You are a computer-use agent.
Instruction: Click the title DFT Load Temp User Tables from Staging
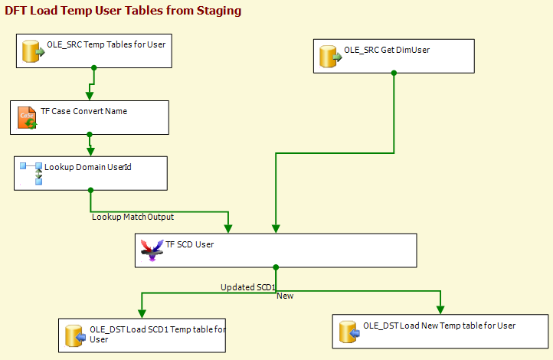coord(123,11)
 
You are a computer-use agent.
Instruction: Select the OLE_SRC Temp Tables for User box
coord(94,51)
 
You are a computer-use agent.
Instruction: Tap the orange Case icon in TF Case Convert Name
coord(27,117)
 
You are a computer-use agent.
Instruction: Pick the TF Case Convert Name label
coord(84,111)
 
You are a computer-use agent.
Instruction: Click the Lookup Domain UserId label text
coord(88,167)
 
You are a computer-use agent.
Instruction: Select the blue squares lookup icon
coord(31,173)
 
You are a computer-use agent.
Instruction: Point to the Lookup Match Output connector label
coord(133,217)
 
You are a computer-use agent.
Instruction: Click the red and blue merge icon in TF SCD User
coord(152,250)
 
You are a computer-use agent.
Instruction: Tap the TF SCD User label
coord(190,244)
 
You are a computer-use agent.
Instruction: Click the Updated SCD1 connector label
coord(248,287)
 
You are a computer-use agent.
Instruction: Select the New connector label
coord(285,296)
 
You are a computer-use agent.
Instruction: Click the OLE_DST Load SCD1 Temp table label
coord(158,334)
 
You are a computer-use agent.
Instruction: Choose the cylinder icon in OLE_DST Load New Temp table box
coord(349,332)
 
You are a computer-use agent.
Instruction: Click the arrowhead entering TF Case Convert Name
coord(90,96)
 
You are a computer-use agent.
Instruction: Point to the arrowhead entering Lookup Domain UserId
coord(90,152)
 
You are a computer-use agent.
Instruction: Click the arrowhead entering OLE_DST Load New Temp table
coord(440,309)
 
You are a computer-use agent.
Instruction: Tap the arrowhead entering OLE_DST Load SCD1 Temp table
coord(142,313)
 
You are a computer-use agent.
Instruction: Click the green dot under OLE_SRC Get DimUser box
coord(394,73)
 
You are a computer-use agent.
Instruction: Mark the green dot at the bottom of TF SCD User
coord(276,267)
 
